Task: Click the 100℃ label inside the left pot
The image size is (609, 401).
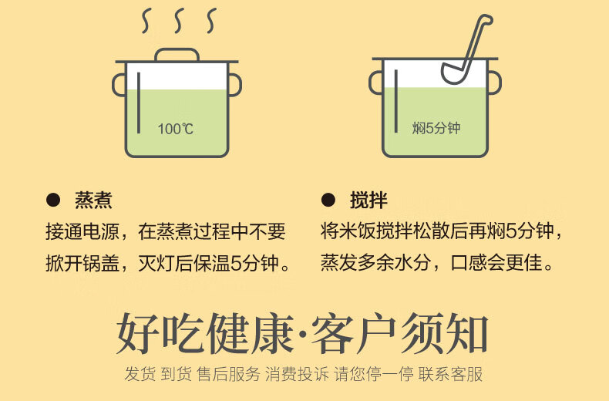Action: (176, 129)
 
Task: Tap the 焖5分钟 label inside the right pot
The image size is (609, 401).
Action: (436, 128)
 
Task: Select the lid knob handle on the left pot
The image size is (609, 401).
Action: (177, 55)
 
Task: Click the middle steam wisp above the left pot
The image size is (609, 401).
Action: (177, 22)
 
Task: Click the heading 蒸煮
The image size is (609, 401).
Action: (93, 201)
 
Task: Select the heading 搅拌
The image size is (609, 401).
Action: (368, 201)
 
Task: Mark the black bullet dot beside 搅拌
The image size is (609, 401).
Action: (328, 201)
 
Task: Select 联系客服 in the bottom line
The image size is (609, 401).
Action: (451, 375)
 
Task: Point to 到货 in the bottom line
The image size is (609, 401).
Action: (177, 375)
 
